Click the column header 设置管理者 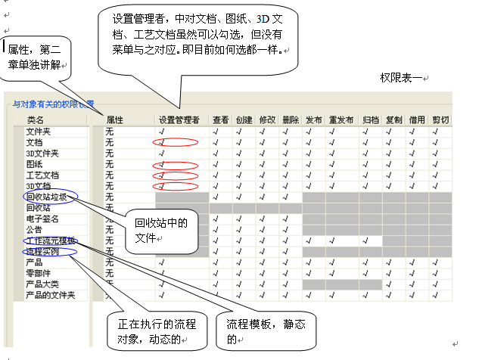click(179, 119)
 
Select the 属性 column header click(114, 119)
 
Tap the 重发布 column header click(341, 119)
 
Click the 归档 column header click(371, 119)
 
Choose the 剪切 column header click(440, 119)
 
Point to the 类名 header click(36, 119)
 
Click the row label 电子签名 click(41, 219)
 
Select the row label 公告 click(34, 229)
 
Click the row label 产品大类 click(41, 284)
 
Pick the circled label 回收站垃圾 click(48, 197)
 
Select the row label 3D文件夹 click(42, 153)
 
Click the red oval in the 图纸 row click(175, 164)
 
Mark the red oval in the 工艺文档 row click(175, 175)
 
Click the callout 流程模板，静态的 click(263, 331)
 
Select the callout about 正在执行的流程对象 click(151, 331)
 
